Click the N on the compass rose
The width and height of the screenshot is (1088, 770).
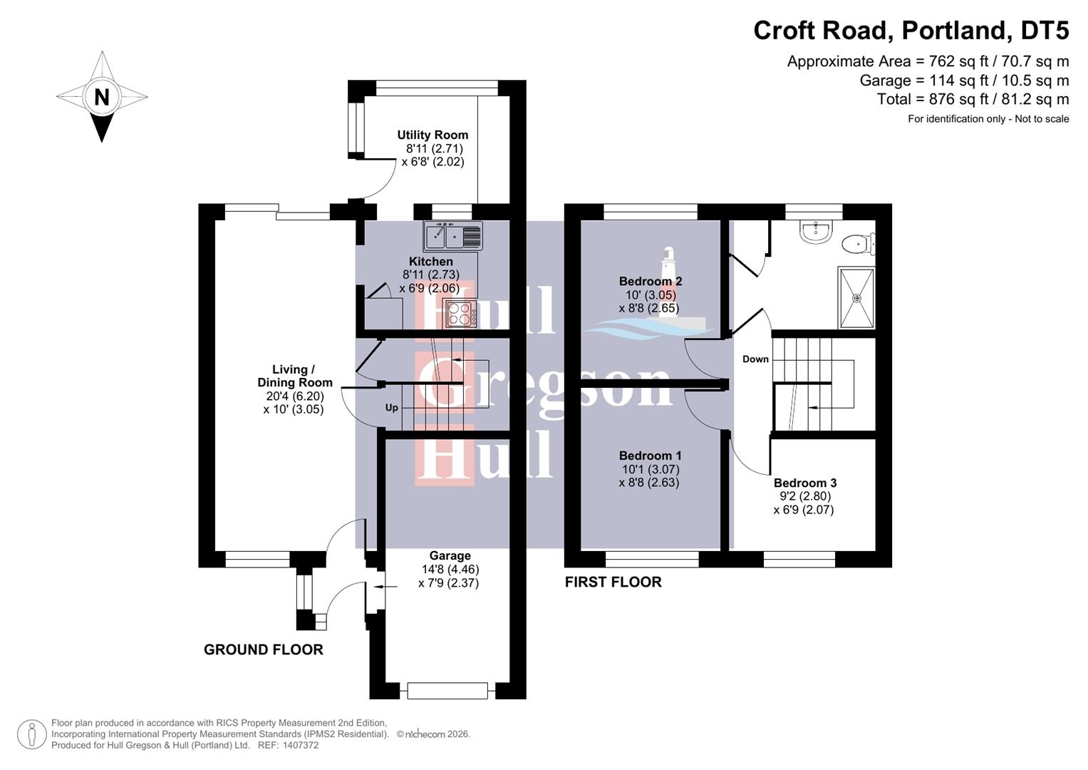coord(102,96)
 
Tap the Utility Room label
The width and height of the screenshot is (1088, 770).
coord(432,135)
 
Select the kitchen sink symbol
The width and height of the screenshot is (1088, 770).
coord(453,236)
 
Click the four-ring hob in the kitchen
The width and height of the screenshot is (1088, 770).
coord(460,314)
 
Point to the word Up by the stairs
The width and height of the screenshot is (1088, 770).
coord(392,408)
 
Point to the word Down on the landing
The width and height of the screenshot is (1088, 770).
coord(755,359)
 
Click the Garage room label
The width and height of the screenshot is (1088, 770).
coord(450,555)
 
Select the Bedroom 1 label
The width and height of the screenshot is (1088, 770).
coord(650,456)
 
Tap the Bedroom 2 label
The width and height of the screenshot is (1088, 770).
coord(650,281)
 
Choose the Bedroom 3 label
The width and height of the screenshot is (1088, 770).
coord(804,483)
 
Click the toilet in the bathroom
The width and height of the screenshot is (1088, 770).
coord(857,245)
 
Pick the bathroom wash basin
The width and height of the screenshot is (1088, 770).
coord(814,231)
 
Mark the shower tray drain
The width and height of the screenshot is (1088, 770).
coord(856,298)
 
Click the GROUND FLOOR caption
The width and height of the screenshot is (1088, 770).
coord(264,650)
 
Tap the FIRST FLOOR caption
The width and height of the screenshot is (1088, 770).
coord(613,582)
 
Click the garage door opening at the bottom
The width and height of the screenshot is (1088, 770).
coord(447,690)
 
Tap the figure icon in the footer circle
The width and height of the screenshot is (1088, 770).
coord(31,734)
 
